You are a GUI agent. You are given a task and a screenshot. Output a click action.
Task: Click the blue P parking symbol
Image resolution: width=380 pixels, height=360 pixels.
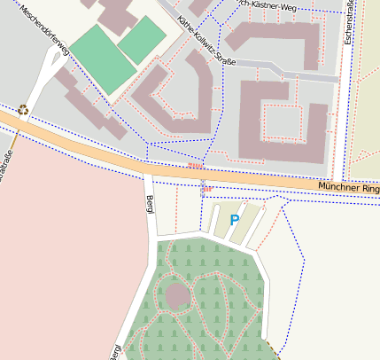coord(234,219)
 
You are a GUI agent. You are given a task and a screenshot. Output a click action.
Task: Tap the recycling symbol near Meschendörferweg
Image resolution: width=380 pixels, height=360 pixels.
coord(23,111)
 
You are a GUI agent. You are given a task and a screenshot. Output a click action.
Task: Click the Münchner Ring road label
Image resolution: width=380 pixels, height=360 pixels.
coord(349,187)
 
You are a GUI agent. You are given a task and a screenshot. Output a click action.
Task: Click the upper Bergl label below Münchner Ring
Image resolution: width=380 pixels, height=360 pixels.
coord(149,203)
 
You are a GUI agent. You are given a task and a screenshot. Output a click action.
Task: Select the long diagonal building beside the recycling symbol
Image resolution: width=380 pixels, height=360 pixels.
coord(89,102)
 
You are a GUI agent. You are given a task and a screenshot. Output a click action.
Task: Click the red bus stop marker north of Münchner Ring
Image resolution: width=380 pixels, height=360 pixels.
coord(195,165)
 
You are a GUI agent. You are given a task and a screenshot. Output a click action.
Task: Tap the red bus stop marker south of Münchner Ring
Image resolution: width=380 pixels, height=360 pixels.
coord(206,188)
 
